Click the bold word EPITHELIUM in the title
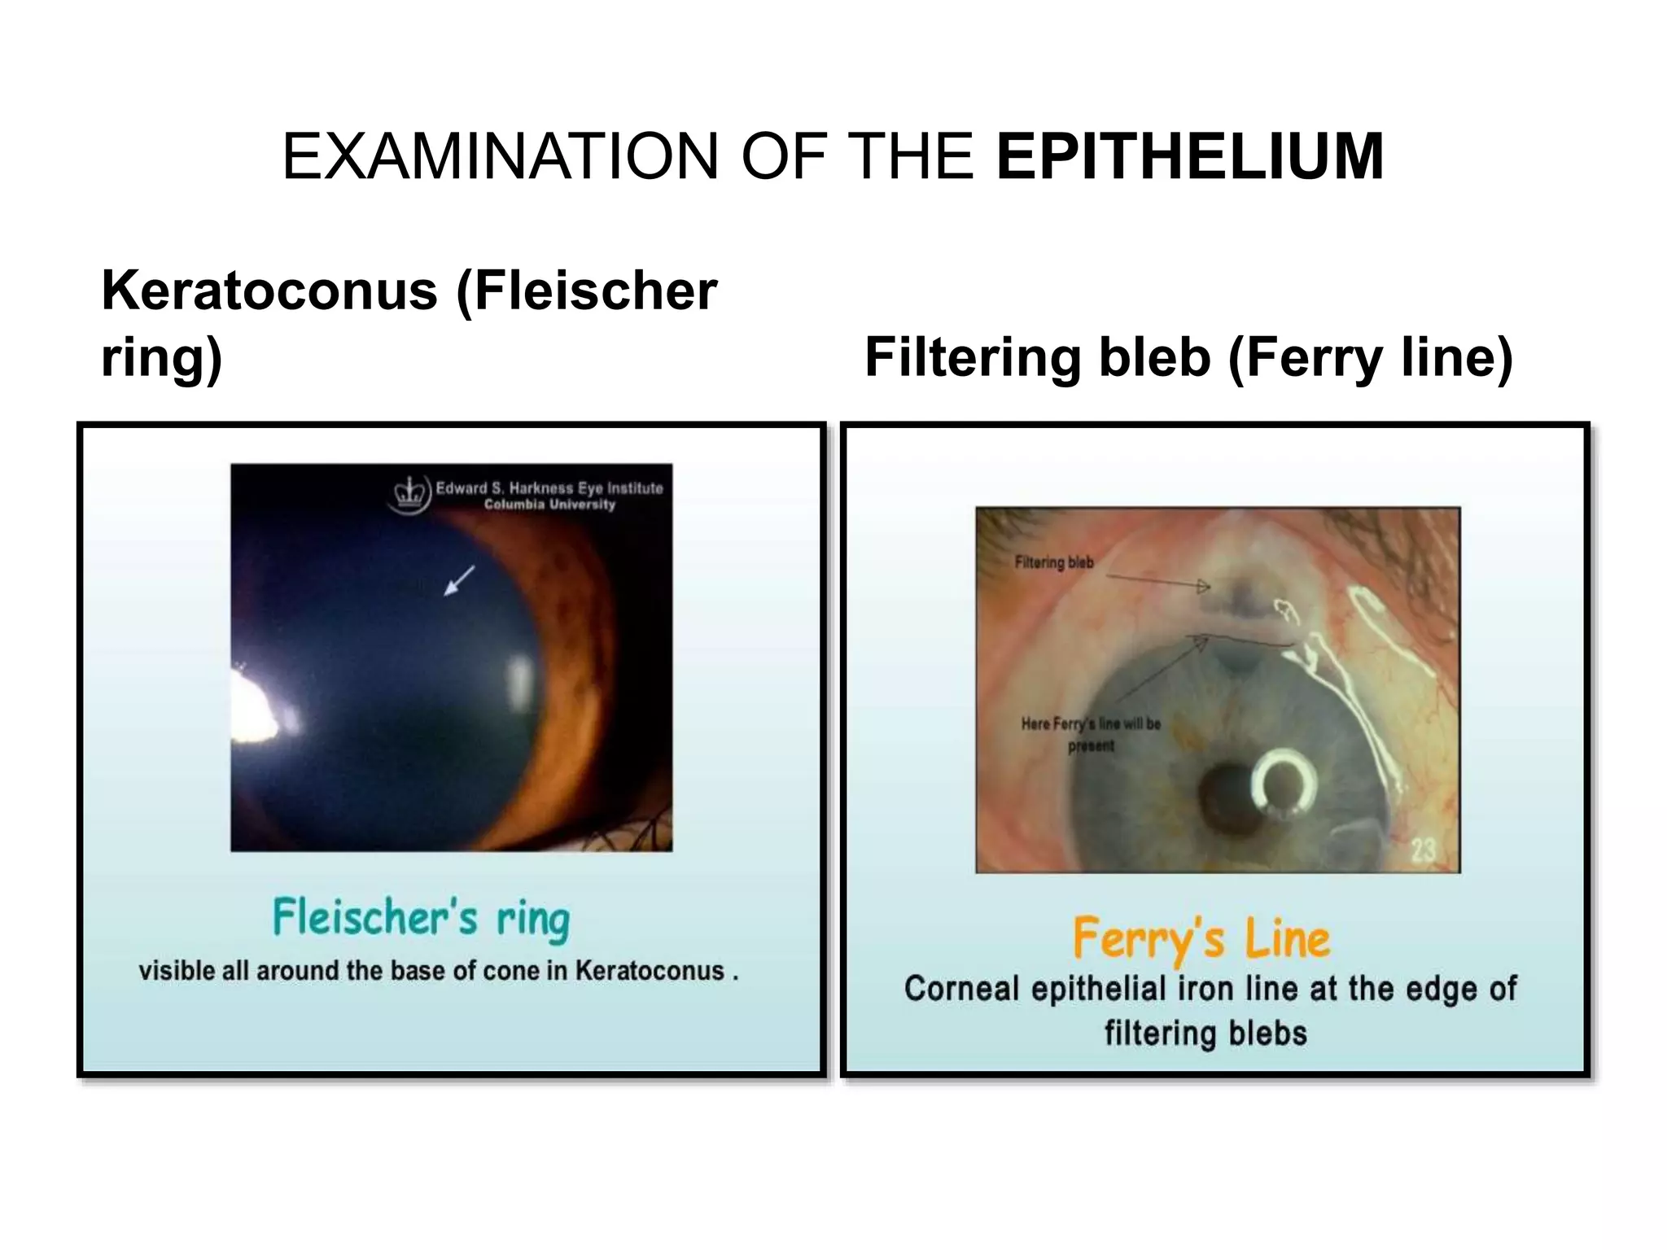pyautogui.click(x=1189, y=156)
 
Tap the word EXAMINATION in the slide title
pyautogui.click(x=500, y=156)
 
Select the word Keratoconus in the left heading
pyautogui.click(x=269, y=291)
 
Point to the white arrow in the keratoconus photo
pyautogui.click(x=458, y=581)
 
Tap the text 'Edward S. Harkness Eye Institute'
pyautogui.click(x=549, y=488)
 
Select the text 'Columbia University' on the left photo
pyautogui.click(x=549, y=505)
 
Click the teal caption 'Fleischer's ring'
pyautogui.click(x=421, y=919)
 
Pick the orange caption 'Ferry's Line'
pyautogui.click(x=1201, y=938)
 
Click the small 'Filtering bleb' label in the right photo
pyautogui.click(x=1054, y=562)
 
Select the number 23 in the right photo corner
pyautogui.click(x=1423, y=851)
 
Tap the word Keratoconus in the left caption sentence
pyautogui.click(x=650, y=971)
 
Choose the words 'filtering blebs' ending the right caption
pyautogui.click(x=1205, y=1034)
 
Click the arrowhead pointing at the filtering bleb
pyautogui.click(x=1203, y=585)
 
